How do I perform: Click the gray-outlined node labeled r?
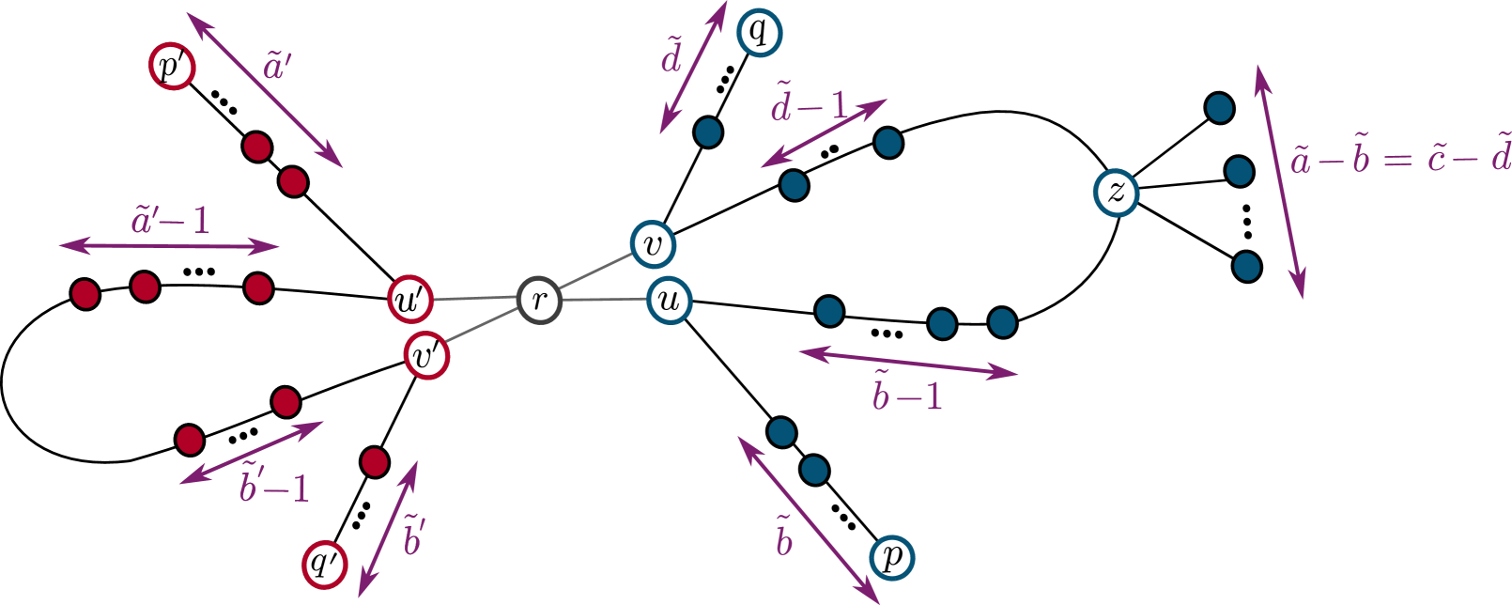click(x=539, y=301)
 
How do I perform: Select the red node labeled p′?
click(x=172, y=68)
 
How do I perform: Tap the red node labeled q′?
click(x=325, y=565)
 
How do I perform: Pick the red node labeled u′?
click(x=410, y=301)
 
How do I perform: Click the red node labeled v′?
click(x=426, y=357)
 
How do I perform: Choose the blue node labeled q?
click(x=759, y=33)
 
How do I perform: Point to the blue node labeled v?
click(x=653, y=244)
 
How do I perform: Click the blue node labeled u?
click(x=669, y=301)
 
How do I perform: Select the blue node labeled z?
click(x=1116, y=193)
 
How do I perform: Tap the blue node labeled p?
click(x=891, y=558)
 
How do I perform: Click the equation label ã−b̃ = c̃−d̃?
click(x=1399, y=157)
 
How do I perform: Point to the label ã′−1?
click(x=171, y=221)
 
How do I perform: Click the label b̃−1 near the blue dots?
click(x=906, y=396)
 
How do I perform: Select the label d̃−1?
click(x=810, y=106)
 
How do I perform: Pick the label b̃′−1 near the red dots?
click(x=273, y=487)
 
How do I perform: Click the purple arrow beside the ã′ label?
click(x=264, y=89)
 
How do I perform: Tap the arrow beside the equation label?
click(x=1279, y=180)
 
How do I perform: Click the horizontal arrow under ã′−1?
click(x=169, y=247)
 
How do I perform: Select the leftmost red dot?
click(x=85, y=294)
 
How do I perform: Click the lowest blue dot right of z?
click(x=1246, y=267)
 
